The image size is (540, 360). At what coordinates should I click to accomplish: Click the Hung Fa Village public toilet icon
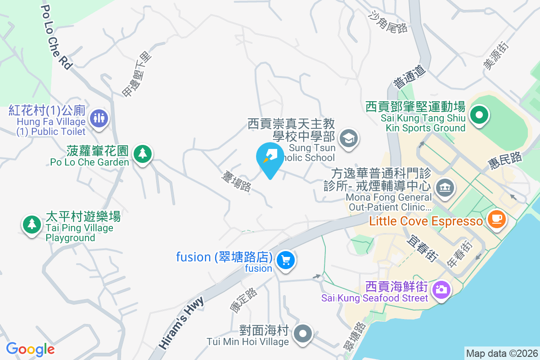point(99,119)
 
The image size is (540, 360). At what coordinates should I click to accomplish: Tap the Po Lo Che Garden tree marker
point(143,154)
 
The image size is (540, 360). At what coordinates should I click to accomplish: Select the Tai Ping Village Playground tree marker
point(31,223)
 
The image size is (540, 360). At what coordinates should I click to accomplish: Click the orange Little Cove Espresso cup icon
point(496,219)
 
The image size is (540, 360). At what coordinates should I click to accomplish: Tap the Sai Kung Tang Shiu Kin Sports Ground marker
point(479,114)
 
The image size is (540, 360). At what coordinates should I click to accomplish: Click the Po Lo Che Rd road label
point(57,37)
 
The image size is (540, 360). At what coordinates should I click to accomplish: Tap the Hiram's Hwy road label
point(182,322)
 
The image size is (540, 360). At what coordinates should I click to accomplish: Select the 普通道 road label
point(409,76)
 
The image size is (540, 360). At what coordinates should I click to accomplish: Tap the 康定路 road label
point(243,300)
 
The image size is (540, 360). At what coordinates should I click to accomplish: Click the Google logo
point(30,349)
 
